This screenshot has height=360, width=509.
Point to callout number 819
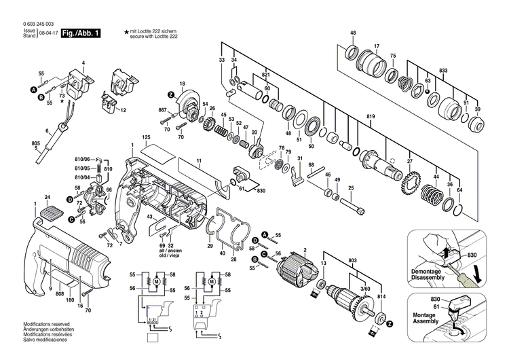click(371, 116)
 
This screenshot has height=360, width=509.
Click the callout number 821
click(266, 74)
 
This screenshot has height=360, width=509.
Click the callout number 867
click(162, 110)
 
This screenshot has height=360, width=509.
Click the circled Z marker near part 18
click(172, 93)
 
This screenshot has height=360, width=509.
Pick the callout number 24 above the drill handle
click(47, 198)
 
